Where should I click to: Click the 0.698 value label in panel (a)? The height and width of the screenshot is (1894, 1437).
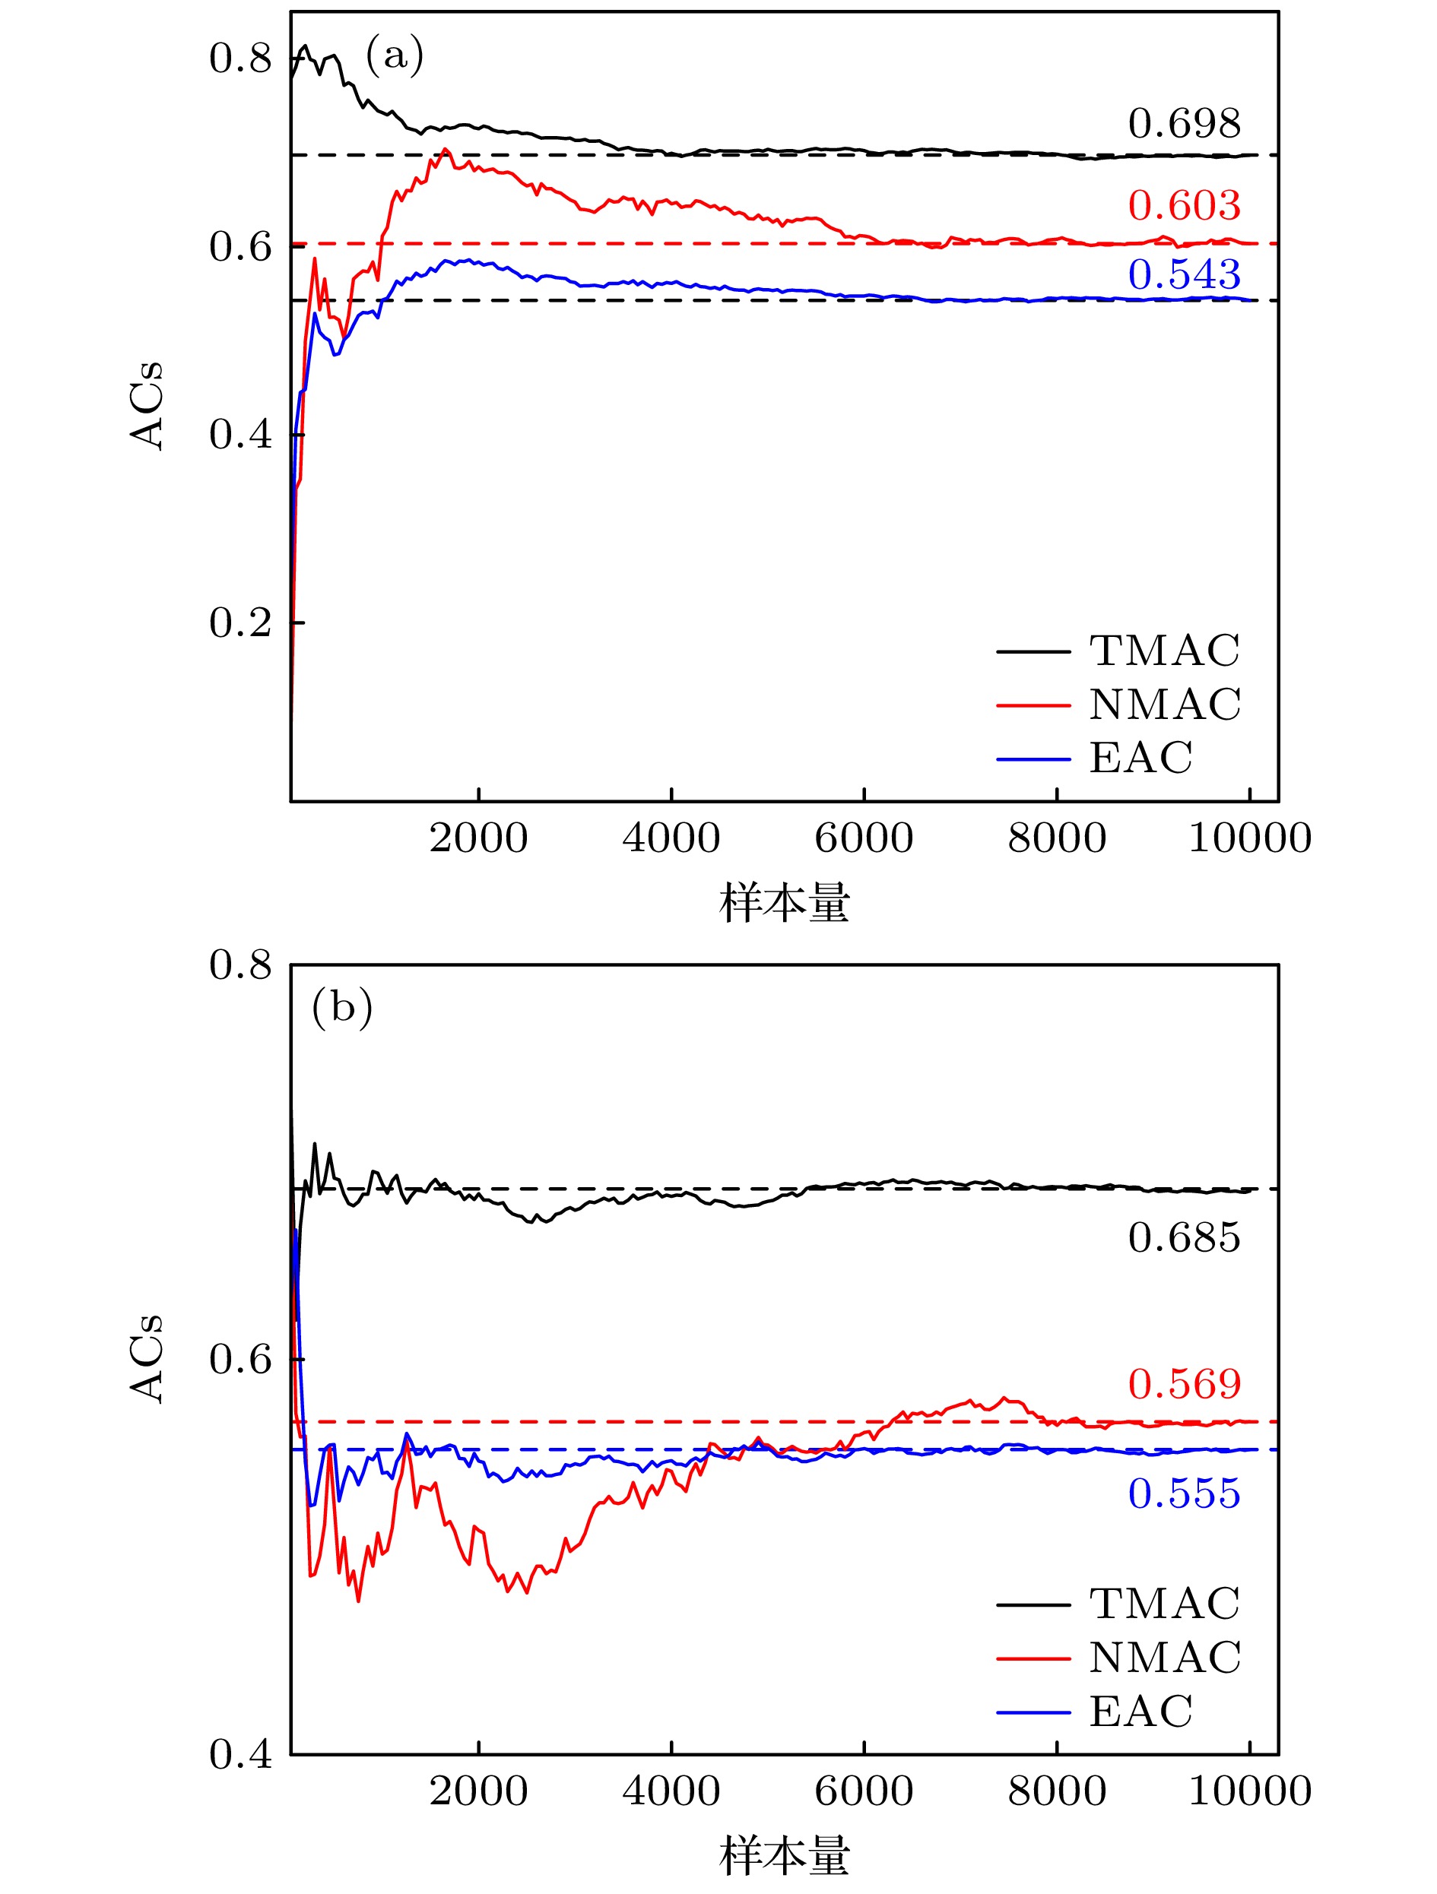pyautogui.click(x=1184, y=124)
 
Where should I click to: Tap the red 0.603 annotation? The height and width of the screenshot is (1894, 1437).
pyautogui.click(x=1184, y=205)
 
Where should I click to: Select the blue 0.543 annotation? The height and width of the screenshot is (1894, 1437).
pyautogui.click(x=1184, y=275)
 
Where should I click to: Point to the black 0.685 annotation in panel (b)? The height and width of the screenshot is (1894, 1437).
pyautogui.click(x=1184, y=1238)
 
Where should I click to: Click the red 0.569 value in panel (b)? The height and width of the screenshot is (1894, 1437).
pyautogui.click(x=1184, y=1385)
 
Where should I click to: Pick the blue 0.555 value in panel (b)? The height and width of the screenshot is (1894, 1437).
pyautogui.click(x=1184, y=1494)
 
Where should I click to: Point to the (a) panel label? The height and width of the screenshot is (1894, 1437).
pyautogui.click(x=395, y=56)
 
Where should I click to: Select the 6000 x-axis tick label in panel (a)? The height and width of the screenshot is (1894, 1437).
pyautogui.click(x=863, y=838)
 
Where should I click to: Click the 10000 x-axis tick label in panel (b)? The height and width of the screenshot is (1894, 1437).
pyautogui.click(x=1249, y=1792)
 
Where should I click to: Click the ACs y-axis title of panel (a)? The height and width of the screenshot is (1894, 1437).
pyautogui.click(x=148, y=406)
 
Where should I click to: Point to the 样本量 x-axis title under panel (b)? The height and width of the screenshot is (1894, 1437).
pyautogui.click(x=784, y=1856)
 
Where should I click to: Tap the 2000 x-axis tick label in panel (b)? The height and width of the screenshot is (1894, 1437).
pyautogui.click(x=477, y=1792)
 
